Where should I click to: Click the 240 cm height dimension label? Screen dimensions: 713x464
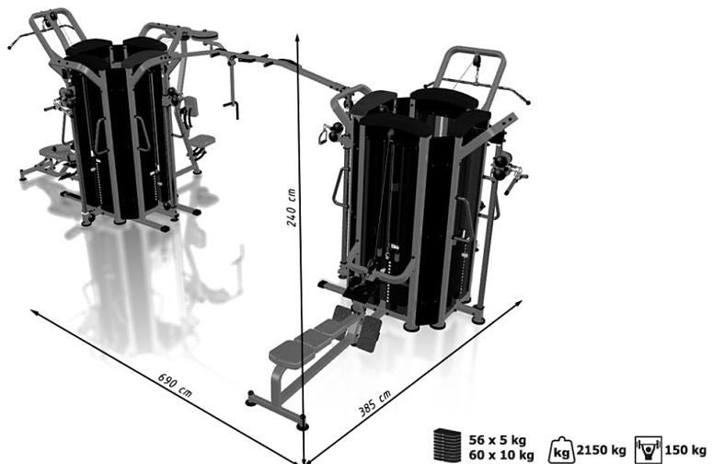(291, 207)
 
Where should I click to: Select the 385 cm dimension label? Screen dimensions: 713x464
(374, 403)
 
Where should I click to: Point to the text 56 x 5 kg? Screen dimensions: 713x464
(497, 440)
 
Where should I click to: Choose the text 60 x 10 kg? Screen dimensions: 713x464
(501, 455)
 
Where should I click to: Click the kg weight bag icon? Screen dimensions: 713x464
(560, 449)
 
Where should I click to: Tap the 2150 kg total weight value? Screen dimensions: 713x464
(601, 450)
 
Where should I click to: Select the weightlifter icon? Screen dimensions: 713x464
(649, 449)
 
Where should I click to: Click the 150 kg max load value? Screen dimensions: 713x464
(685, 450)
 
